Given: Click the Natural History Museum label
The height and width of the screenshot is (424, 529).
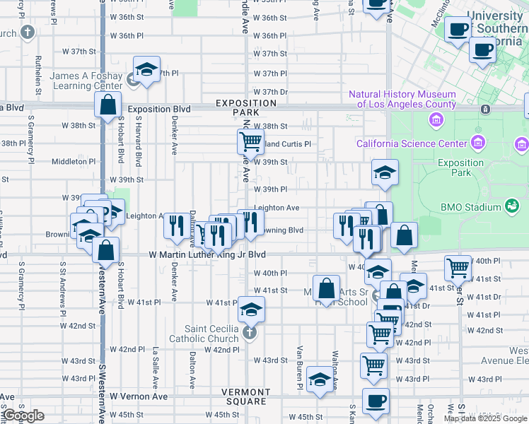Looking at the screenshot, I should [402, 100].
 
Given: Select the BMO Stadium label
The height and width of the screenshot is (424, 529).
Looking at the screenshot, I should [470, 207].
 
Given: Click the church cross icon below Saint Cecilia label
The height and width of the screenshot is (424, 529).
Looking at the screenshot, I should [248, 332].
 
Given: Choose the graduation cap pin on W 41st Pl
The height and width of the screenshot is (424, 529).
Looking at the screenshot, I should [251, 309].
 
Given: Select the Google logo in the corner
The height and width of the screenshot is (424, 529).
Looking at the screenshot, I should [23, 416].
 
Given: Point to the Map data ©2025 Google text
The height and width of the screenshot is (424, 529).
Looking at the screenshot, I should [485, 418].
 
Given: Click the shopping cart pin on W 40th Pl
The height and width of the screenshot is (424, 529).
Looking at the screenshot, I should [458, 267].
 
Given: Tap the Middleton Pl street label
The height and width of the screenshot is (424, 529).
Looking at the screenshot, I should [73, 161].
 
